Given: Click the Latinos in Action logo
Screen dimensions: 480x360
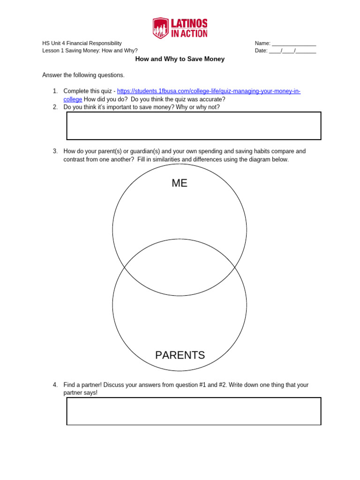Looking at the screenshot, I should pyautogui.click(x=180, y=28).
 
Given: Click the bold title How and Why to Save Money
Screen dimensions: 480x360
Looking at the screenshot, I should pyautogui.click(x=180, y=59).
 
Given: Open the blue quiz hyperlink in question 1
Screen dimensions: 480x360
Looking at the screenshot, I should pyautogui.click(x=209, y=91).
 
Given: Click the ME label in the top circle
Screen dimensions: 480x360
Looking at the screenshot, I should pyautogui.click(x=180, y=183).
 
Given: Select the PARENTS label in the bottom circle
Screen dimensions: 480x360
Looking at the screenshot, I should pyautogui.click(x=180, y=355).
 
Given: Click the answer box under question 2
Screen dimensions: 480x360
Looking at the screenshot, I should pyautogui.click(x=194, y=126).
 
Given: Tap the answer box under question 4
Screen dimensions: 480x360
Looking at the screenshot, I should pyautogui.click(x=194, y=411).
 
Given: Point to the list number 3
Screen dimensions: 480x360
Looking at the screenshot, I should pyautogui.click(x=55, y=151).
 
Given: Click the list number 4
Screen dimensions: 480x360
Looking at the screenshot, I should pyautogui.click(x=55, y=385).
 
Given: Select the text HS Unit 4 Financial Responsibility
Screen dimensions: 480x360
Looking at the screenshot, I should pyautogui.click(x=82, y=44).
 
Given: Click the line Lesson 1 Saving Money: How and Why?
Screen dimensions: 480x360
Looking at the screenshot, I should pyautogui.click(x=90, y=51).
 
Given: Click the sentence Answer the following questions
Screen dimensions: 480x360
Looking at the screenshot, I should pyautogui.click(x=83, y=75).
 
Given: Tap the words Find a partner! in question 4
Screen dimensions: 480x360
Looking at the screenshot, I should pyautogui.click(x=82, y=385).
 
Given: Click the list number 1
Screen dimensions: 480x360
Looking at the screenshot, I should pyautogui.click(x=55, y=91).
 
